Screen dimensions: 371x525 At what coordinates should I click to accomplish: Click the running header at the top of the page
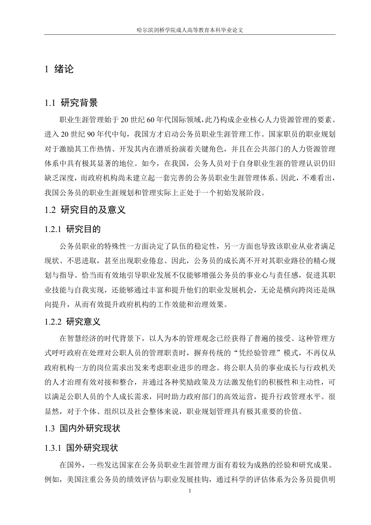tap(189, 29)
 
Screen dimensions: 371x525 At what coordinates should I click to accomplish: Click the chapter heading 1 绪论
tap(59, 70)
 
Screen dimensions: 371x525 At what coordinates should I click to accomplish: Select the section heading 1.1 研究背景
tap(71, 103)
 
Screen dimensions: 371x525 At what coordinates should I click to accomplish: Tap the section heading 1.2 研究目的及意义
tap(86, 210)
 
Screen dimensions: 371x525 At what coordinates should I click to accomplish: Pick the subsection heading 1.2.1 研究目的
tap(73, 229)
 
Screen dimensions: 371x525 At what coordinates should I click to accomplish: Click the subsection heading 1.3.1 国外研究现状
tap(82, 448)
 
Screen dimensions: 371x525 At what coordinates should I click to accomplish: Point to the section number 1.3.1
tap(54, 448)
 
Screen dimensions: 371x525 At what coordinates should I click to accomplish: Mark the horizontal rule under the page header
tap(189, 35)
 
